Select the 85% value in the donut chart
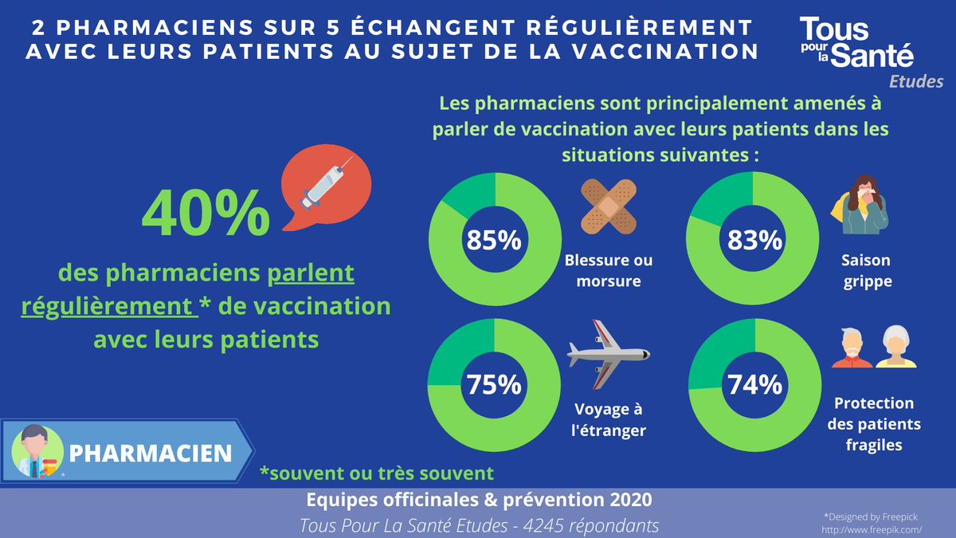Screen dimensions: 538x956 click(x=494, y=240)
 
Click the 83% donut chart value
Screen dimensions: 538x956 click(x=754, y=240)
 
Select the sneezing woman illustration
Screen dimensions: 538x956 click(x=864, y=205)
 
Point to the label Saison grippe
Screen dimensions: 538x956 click(x=865, y=271)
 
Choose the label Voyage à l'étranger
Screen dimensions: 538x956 click(x=609, y=420)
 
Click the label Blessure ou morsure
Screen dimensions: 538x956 click(x=609, y=271)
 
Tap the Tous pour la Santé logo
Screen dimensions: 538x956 click(x=856, y=44)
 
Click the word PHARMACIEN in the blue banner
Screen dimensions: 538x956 click(x=151, y=453)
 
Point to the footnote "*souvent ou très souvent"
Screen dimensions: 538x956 click(x=377, y=473)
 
